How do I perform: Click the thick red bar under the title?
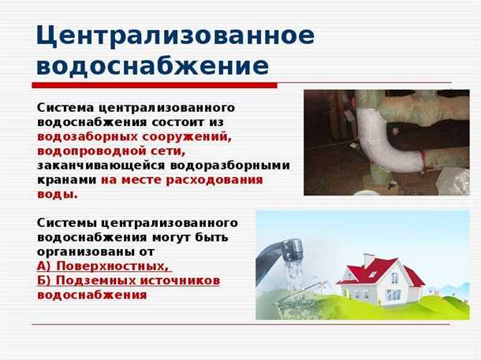click(155, 85)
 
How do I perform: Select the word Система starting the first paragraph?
click(65, 108)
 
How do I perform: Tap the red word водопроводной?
click(90, 150)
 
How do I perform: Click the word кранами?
click(66, 180)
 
